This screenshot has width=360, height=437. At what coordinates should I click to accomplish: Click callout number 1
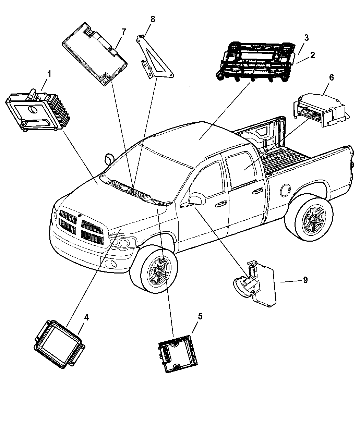click(x=49, y=73)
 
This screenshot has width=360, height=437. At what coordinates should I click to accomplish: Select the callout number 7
click(x=123, y=32)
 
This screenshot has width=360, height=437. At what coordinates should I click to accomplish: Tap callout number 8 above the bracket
click(x=153, y=19)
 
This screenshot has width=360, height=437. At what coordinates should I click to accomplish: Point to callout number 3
click(x=306, y=38)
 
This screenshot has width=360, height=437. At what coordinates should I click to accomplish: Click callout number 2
click(x=312, y=56)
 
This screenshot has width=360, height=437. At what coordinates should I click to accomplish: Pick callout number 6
click(x=331, y=77)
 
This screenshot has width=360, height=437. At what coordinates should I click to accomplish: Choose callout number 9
click(x=305, y=280)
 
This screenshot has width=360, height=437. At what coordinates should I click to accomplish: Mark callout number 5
click(x=200, y=316)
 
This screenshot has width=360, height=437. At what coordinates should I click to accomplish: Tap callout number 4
click(x=86, y=317)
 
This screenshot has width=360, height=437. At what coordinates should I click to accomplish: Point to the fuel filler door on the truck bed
click(x=286, y=189)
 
